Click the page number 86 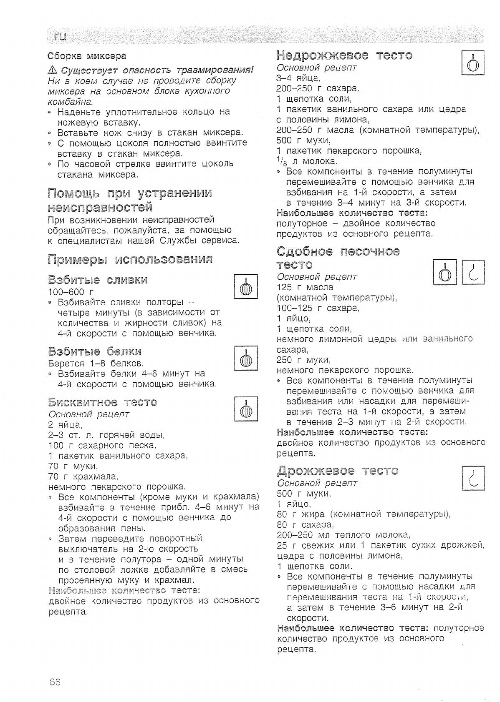tap(55, 682)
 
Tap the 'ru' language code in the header tap(61, 36)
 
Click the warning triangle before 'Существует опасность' tap(52, 70)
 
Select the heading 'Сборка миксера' tap(87, 55)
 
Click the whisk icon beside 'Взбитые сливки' tap(246, 287)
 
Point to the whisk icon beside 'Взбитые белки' tap(246, 358)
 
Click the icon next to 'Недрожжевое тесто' tap(472, 63)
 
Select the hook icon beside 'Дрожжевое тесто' tap(474, 478)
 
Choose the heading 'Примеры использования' tap(130, 259)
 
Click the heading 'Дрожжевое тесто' tap(337, 471)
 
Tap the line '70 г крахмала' tap(83, 476)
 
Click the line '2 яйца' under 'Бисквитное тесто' tap(65, 425)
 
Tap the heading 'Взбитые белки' tap(95, 351)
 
